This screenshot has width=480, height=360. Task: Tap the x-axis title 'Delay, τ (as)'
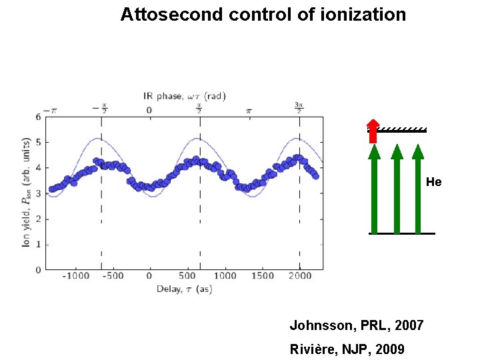(185, 289)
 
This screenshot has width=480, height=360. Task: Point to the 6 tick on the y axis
(38, 117)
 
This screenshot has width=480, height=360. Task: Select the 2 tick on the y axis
(38, 219)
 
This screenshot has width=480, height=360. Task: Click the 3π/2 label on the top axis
(299, 109)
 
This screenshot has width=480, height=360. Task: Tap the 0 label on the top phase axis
(149, 110)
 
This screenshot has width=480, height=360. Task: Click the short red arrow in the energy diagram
(373, 131)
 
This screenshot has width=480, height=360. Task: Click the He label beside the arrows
(433, 182)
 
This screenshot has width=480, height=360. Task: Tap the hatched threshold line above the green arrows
(403, 129)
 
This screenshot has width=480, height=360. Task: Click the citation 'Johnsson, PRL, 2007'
(356, 325)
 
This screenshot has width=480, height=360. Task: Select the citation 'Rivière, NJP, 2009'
(347, 349)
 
